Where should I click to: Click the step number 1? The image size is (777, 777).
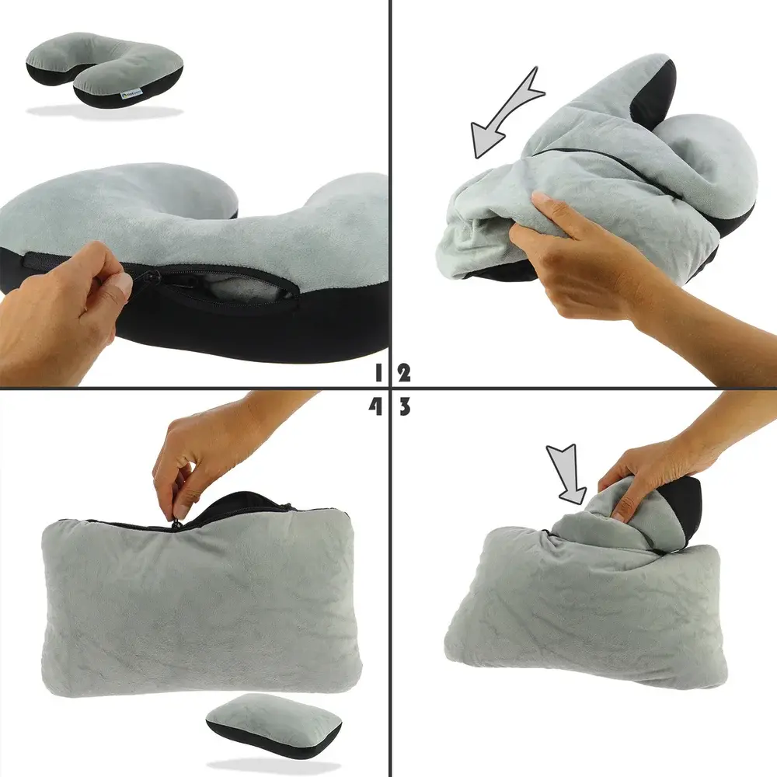(378, 372)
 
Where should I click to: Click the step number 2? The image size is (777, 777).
(403, 372)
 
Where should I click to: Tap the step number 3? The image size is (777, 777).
(403, 407)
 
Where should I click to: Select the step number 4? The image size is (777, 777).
(377, 407)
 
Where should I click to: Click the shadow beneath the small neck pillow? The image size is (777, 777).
(105, 112)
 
